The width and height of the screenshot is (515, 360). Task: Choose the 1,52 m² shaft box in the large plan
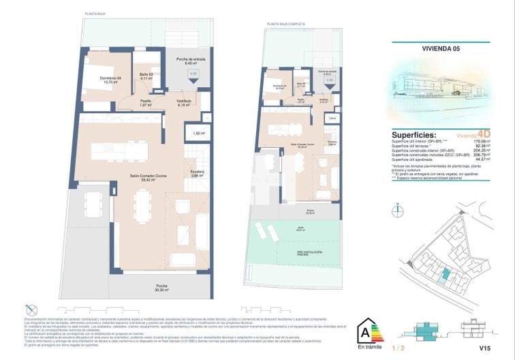(x=199, y=133)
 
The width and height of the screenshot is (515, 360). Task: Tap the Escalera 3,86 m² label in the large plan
(x=197, y=174)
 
